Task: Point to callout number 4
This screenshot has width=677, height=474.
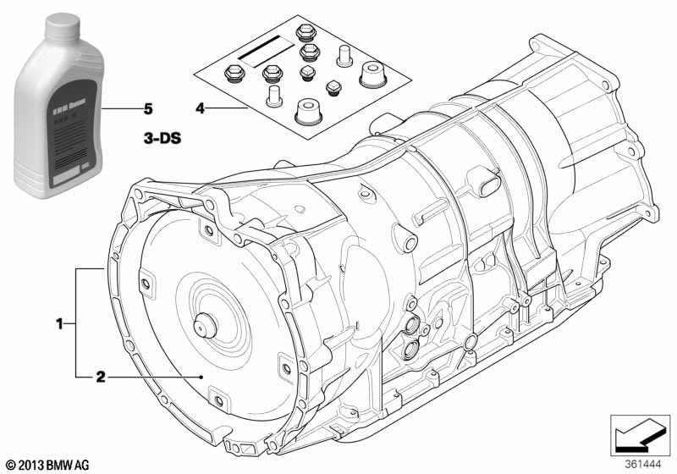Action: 200,109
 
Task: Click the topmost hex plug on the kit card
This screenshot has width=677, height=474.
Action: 305,35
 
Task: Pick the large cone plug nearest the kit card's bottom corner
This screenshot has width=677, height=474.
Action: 306,112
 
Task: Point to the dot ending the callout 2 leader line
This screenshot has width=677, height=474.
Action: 200,376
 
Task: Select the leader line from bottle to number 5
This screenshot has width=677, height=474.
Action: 118,109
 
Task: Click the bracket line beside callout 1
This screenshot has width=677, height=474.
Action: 75,322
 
